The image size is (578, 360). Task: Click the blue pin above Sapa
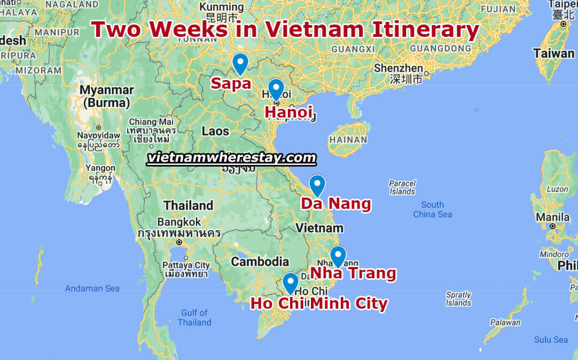[x=240, y=62]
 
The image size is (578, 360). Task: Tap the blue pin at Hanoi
[x=276, y=88]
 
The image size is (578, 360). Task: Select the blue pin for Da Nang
[x=317, y=184]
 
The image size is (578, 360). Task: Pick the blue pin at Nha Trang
[x=338, y=255]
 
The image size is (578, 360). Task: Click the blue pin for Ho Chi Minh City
[x=290, y=282]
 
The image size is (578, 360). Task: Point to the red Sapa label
[x=231, y=83]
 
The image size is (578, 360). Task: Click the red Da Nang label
[x=335, y=204]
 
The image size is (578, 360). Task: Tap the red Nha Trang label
[x=353, y=274]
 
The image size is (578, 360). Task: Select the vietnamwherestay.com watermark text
[x=231, y=158]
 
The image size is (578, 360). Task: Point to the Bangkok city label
[x=179, y=222]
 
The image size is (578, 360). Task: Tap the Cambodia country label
[x=260, y=262]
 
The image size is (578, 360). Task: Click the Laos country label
[x=215, y=131]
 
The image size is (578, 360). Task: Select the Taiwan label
[x=553, y=53]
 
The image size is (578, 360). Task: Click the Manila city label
[x=552, y=217]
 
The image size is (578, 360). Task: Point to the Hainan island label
[x=348, y=140]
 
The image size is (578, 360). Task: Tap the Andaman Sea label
[x=92, y=288]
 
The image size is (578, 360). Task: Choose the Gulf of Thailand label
[x=194, y=317]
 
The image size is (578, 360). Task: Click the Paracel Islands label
[x=402, y=187]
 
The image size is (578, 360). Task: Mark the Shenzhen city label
[x=398, y=68]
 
